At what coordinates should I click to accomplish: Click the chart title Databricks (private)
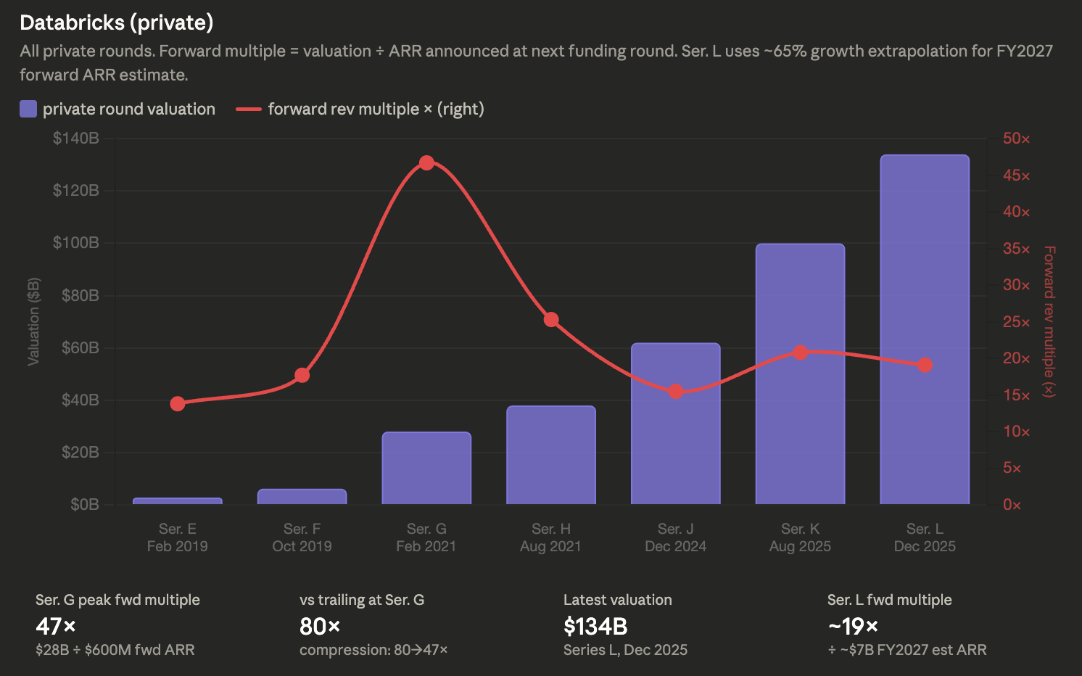point(117,22)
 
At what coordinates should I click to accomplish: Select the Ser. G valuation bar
point(426,468)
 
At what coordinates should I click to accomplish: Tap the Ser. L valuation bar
point(925,329)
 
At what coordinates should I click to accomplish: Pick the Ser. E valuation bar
point(177,501)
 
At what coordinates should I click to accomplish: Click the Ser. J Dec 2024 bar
point(676,424)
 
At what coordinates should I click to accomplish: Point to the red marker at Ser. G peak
point(426,163)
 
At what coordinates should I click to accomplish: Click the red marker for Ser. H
point(551,319)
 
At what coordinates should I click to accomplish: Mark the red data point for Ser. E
point(177,403)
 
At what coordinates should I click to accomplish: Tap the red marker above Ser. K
point(801,353)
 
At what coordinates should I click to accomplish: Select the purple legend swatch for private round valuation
point(28,109)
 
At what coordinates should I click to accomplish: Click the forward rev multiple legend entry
point(360,109)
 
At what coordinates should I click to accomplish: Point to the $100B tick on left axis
point(76,242)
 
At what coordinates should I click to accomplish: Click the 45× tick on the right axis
point(1016,176)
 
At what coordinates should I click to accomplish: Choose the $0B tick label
point(85,505)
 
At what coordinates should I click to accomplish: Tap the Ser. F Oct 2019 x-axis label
point(302,537)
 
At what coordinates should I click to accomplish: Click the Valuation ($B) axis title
point(33,321)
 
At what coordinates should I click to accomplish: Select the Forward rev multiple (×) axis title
point(1049,321)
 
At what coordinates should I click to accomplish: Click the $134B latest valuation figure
point(595,626)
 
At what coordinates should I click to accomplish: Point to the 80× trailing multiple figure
point(320,626)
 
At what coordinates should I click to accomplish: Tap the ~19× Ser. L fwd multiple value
point(853,626)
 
